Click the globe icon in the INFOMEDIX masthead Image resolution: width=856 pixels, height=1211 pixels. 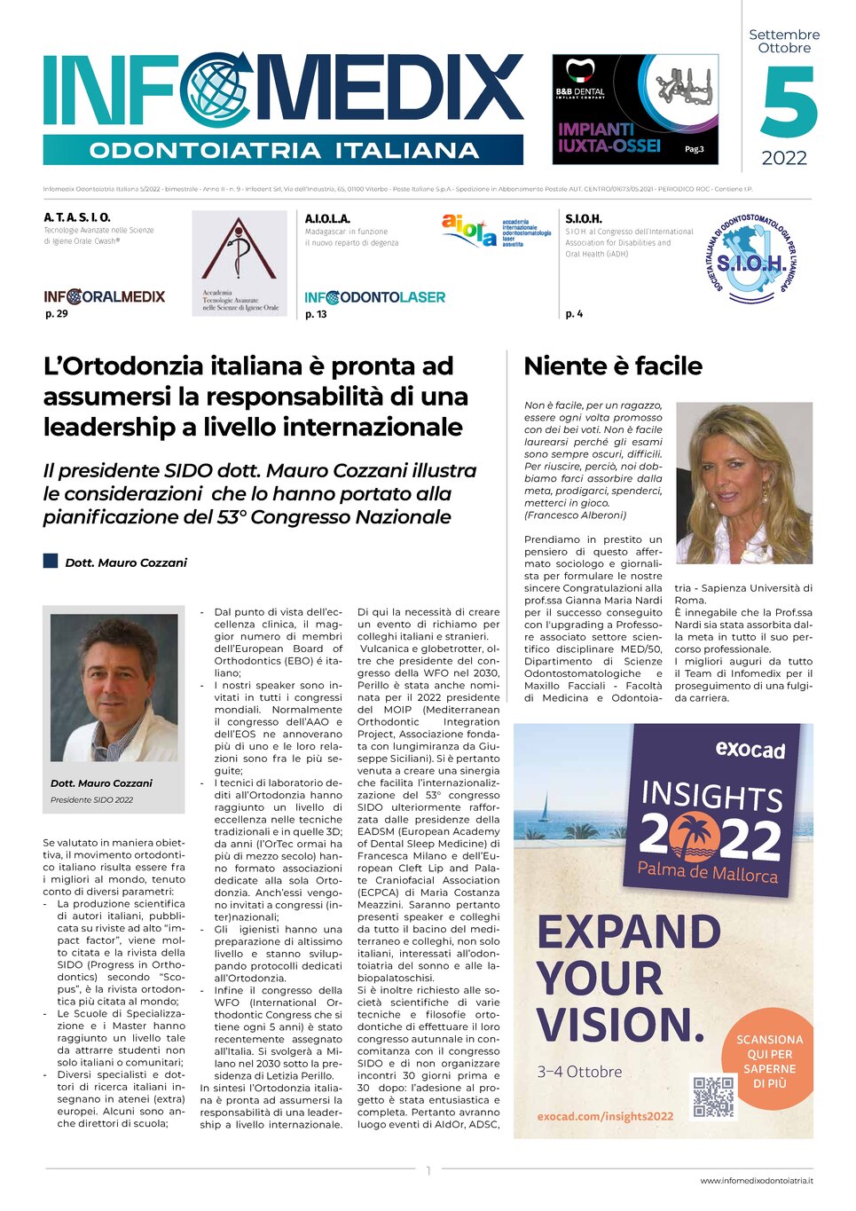tap(216, 90)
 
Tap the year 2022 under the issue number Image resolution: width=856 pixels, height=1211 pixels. tap(784, 158)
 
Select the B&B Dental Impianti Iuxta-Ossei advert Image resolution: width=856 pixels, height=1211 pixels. tap(635, 108)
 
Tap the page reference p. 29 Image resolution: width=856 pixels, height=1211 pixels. tap(56, 313)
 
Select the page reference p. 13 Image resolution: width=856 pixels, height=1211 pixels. tap(316, 314)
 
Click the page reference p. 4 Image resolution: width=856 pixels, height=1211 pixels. tap(574, 313)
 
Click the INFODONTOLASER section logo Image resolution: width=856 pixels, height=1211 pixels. tap(374, 297)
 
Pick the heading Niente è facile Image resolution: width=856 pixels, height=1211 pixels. tap(613, 366)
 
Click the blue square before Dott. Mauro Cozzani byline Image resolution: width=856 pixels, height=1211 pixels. tap(51, 561)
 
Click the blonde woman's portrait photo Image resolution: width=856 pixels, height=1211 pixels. tap(743, 483)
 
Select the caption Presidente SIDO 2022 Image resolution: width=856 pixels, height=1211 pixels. tap(91, 799)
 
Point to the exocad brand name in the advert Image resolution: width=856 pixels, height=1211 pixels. tap(750, 750)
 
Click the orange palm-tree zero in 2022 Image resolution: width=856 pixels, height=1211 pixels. tap(695, 836)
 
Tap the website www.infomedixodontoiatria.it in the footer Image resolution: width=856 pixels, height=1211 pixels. tap(756, 1180)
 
